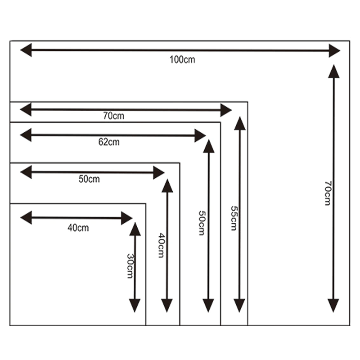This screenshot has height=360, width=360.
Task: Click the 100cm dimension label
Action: coord(183,59)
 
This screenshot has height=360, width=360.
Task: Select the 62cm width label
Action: coord(109,142)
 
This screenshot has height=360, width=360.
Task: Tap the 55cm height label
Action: coord(233,218)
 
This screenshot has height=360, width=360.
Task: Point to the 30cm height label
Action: coord(130,266)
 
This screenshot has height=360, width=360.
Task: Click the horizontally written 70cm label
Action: coord(113,116)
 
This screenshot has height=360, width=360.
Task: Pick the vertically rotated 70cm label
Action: coord(328,193)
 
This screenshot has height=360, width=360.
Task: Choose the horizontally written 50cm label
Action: coord(89,179)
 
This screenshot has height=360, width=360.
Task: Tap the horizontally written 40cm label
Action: coord(78,228)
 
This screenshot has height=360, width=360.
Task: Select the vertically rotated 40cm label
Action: coord(161,245)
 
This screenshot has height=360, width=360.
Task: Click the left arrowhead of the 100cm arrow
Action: coord(26,50)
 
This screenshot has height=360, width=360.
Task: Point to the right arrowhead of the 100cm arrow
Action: coord(334,50)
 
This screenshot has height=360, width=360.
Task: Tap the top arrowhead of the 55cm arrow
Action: coord(240,123)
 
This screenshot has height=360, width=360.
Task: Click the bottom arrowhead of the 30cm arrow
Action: coord(135,306)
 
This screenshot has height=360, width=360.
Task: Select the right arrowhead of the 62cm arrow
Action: coord(200,135)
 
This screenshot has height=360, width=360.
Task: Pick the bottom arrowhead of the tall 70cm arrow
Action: coord(333,306)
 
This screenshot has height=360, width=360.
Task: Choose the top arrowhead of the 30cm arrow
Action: coord(135,229)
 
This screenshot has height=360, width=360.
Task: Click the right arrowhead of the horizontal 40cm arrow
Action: coord(127,219)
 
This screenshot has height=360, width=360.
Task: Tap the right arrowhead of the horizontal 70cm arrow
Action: coord(225,109)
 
